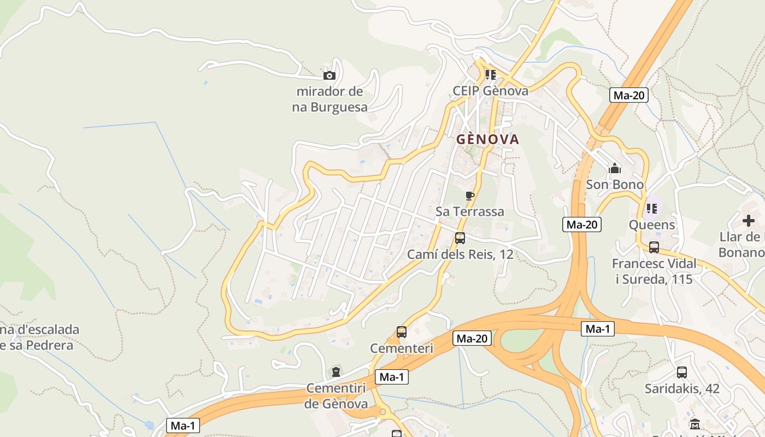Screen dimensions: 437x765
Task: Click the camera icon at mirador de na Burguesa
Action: (x=329, y=76)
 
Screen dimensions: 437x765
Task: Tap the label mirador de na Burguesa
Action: (x=329, y=99)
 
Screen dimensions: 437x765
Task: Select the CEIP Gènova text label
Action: (x=491, y=91)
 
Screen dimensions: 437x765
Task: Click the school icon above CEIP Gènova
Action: (x=491, y=75)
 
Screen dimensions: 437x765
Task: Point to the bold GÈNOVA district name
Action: (x=488, y=139)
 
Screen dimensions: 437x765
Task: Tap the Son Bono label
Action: (x=615, y=185)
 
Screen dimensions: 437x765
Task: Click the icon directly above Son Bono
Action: (x=615, y=168)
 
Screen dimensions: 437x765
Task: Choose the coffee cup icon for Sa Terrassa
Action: (x=469, y=196)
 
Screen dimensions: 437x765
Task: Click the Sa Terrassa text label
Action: (x=470, y=211)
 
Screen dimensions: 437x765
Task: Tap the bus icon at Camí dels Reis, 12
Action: (x=460, y=238)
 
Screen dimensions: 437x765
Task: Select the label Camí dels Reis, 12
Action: (x=460, y=255)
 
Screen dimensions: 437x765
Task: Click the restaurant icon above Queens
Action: (x=651, y=209)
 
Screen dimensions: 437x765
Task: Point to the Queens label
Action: (x=652, y=225)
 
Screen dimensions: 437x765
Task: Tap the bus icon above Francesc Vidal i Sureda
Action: (x=654, y=247)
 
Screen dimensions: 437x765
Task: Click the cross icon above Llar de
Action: (x=749, y=221)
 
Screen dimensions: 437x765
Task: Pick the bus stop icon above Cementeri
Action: (x=402, y=332)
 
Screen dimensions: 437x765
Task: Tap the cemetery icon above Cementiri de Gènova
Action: (x=336, y=373)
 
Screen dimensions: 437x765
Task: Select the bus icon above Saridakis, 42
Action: (x=682, y=373)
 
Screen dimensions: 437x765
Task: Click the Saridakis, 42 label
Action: (x=682, y=389)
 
